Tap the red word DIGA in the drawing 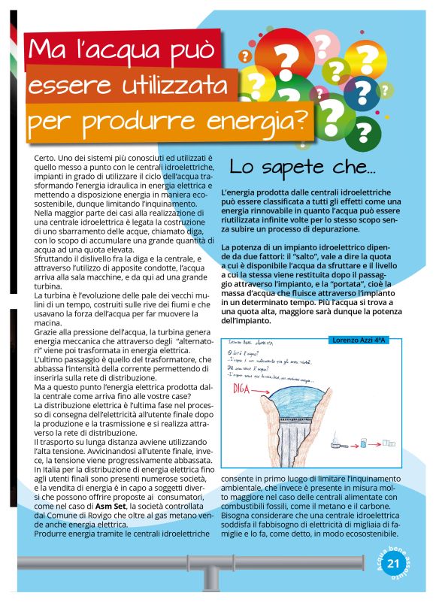252,389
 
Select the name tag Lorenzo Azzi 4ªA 363,340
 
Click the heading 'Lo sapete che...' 302,166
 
